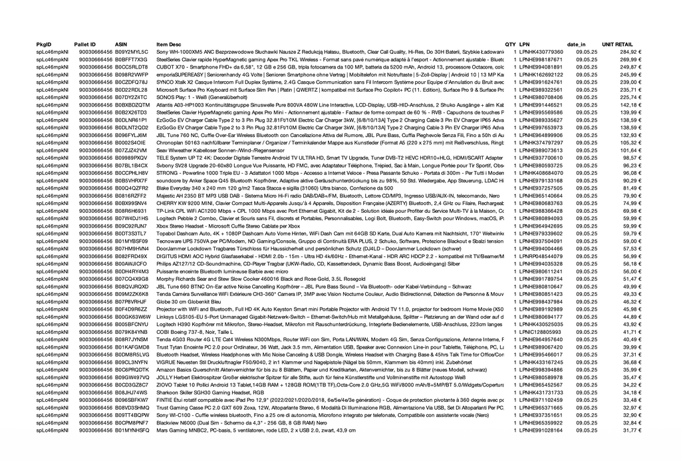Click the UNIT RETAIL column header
(x=617, y=44)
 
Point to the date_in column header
(x=576, y=44)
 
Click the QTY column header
(x=510, y=44)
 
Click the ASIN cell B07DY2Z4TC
(x=131, y=97)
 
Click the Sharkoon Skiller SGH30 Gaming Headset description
(x=206, y=392)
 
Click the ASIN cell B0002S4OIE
(x=130, y=142)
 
